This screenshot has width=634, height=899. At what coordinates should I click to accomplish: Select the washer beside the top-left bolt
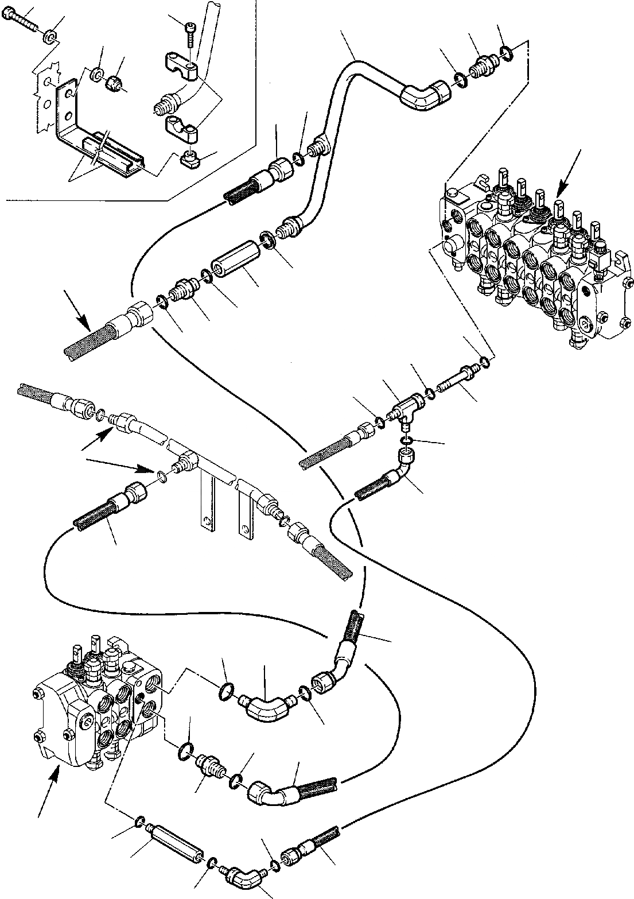tap(50, 38)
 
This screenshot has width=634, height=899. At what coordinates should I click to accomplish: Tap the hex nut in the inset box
tap(114, 82)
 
